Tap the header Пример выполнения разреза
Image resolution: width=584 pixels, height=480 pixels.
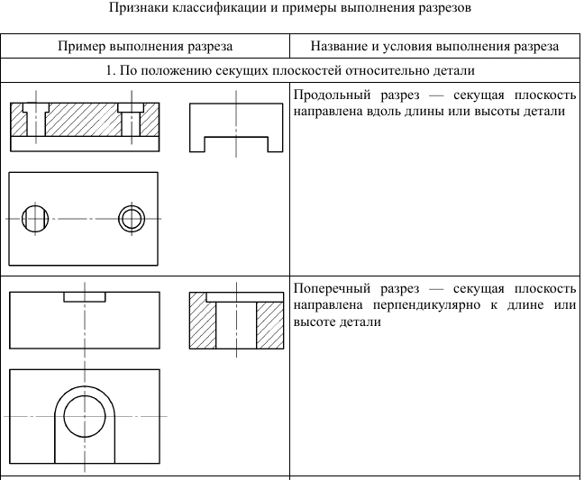145,47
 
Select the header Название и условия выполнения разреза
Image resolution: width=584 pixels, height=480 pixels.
434,47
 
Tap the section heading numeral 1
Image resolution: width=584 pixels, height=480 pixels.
109,70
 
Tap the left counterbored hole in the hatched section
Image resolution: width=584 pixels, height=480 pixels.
36,119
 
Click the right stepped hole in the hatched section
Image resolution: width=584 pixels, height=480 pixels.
131,119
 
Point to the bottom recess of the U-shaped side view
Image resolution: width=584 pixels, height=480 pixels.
236,144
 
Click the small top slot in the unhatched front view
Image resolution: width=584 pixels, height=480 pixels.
85,297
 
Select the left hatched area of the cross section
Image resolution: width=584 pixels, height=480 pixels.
203,321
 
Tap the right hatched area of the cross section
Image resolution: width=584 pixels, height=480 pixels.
270,325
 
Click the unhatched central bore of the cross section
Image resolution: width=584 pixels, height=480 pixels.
236,325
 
